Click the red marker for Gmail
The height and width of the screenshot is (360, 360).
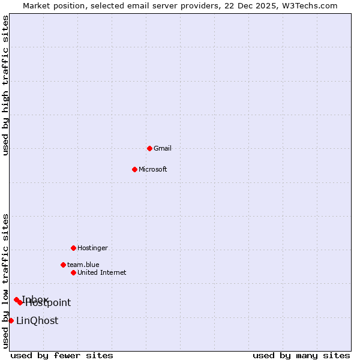tap(149, 148)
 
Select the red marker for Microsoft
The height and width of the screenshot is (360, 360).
tap(134, 169)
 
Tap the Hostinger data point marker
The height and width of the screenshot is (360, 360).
tap(73, 248)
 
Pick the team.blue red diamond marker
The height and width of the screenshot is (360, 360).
tap(63, 265)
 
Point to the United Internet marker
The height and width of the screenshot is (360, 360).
tap(73, 272)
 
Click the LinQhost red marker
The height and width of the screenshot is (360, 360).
tap(11, 320)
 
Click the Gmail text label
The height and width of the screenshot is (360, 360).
tap(163, 148)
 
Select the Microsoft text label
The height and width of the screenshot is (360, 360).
tap(153, 169)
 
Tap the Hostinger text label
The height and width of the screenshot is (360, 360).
tap(92, 248)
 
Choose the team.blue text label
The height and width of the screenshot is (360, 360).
tap(83, 265)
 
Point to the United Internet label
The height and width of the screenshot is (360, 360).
tap(101, 272)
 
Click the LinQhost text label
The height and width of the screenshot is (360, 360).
tap(37, 320)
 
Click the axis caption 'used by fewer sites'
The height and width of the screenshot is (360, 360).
tap(62, 355)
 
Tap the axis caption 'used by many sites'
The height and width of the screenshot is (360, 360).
tap(301, 355)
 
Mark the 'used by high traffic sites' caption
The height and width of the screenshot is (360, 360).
tap(5, 85)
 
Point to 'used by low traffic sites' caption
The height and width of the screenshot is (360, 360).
tap(5, 281)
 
